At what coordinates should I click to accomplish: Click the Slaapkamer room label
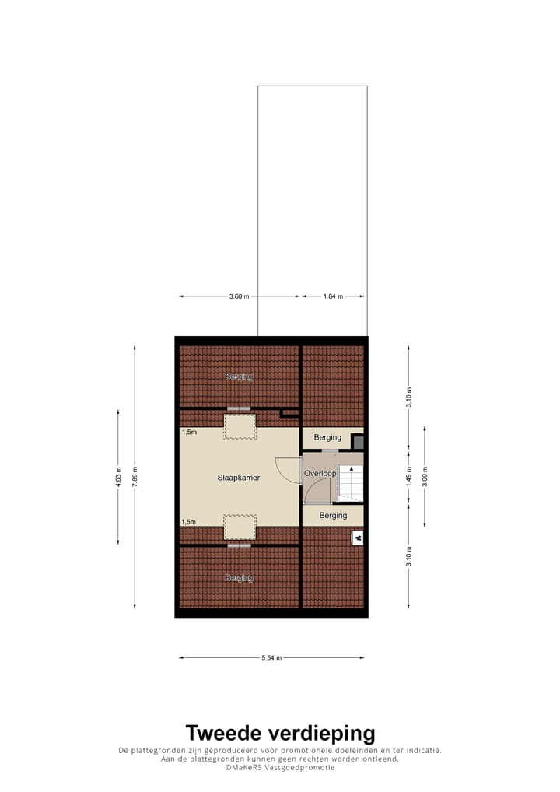(238, 478)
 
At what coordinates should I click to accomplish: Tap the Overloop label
(320, 473)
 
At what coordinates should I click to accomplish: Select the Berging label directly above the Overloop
(327, 438)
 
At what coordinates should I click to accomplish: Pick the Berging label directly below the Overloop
(333, 516)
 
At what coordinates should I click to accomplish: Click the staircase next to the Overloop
(350, 483)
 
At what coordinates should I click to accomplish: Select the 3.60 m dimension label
(240, 296)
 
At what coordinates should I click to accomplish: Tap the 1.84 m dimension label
(333, 296)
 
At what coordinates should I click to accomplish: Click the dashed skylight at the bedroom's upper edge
(239, 426)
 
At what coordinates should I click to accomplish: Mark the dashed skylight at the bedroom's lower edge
(240, 527)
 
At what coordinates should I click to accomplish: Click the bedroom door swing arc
(289, 471)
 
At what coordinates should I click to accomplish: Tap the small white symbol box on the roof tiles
(357, 538)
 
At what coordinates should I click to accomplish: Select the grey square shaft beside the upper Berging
(358, 442)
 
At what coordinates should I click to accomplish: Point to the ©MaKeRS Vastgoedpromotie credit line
(280, 767)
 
